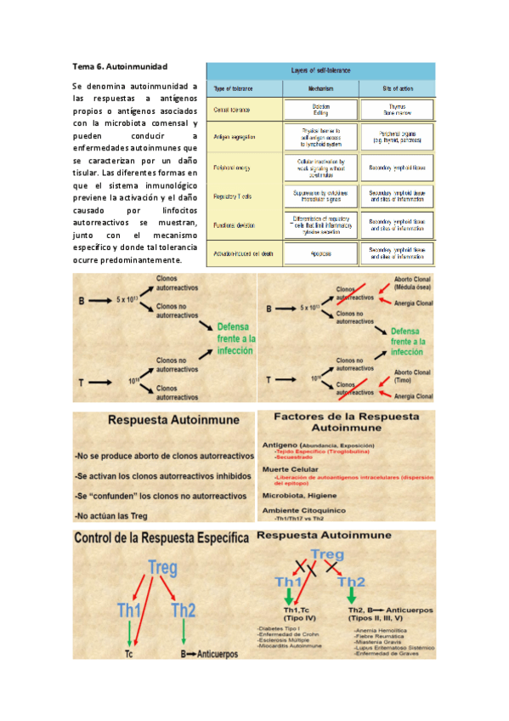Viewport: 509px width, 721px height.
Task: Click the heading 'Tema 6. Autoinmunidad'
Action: pyautogui.click(x=120, y=66)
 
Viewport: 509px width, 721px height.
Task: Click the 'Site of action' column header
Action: pyautogui.click(x=396, y=88)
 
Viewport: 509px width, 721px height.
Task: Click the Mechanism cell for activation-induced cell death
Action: pyautogui.click(x=320, y=253)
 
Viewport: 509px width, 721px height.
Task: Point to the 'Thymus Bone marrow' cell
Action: pyautogui.click(x=396, y=110)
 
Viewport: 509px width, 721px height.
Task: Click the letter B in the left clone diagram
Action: pyautogui.click(x=80, y=300)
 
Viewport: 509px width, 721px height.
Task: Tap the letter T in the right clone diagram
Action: pyautogui.click(x=269, y=380)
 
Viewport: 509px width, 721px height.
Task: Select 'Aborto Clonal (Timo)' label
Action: pyautogui.click(x=413, y=376)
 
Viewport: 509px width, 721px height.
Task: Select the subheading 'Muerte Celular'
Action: pyautogui.click(x=291, y=468)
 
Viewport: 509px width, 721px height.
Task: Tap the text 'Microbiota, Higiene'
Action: pyautogui.click(x=305, y=494)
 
